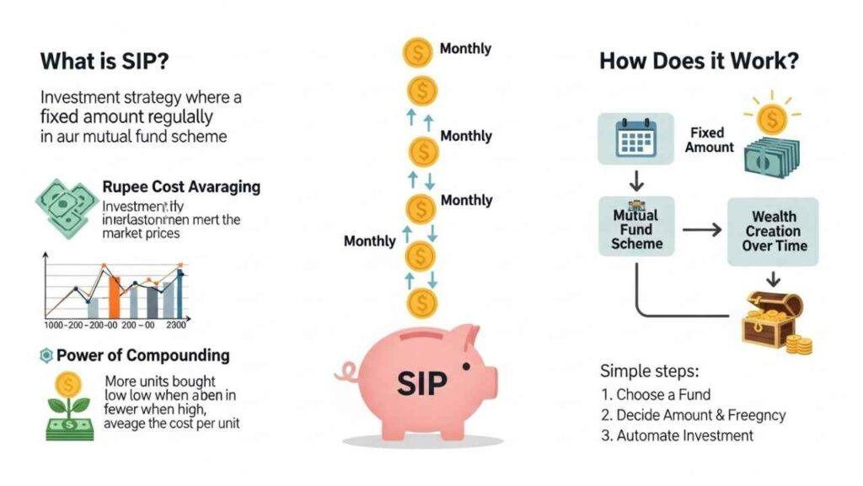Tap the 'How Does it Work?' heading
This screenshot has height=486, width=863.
pos(699,61)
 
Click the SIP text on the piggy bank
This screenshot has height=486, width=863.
pos(422,383)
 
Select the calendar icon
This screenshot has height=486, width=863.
pos(635,138)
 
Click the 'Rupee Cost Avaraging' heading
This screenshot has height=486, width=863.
pos(180,186)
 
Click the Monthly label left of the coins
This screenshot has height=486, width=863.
pos(369,241)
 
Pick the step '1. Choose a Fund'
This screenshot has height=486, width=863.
pos(656,394)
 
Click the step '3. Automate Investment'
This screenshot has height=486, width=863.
pos(677,435)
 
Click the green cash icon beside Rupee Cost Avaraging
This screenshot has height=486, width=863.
pos(62,205)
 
